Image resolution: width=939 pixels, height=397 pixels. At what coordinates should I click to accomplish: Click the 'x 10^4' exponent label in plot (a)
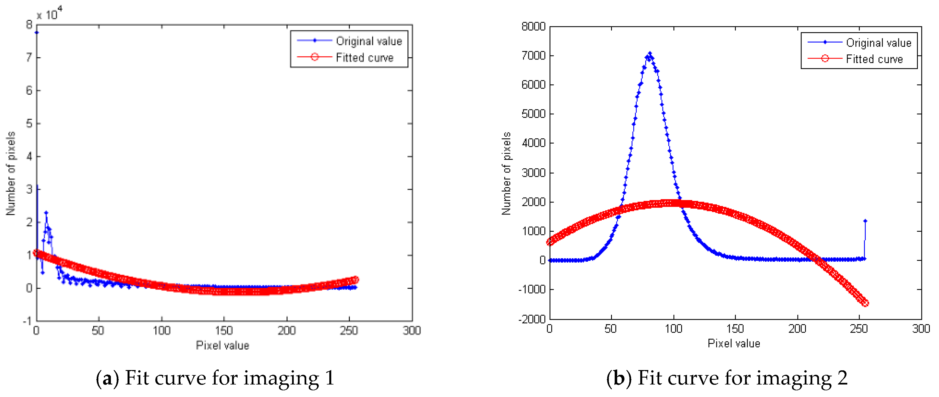[49, 14]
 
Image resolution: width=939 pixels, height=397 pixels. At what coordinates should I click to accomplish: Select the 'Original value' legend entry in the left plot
[368, 41]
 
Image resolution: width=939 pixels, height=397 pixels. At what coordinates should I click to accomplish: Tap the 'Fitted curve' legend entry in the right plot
[874, 59]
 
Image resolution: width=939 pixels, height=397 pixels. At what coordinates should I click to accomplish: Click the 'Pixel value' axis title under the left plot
[222, 345]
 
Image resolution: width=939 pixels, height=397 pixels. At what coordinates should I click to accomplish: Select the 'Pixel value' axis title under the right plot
[733, 343]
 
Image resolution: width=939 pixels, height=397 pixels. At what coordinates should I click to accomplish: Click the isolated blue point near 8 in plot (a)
[36, 33]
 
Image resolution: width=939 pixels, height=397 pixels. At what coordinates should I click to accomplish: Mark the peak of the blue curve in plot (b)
[649, 54]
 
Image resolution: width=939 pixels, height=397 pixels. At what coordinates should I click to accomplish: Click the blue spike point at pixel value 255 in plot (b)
[865, 221]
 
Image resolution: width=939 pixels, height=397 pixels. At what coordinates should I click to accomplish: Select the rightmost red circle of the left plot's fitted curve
[356, 279]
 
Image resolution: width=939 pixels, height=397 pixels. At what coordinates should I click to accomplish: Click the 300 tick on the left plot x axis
[412, 331]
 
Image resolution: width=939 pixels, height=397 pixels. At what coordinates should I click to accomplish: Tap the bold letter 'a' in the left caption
[107, 378]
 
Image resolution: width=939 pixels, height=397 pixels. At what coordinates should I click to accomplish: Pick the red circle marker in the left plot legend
[315, 57]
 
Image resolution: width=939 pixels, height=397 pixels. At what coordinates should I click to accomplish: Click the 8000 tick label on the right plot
[533, 27]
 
